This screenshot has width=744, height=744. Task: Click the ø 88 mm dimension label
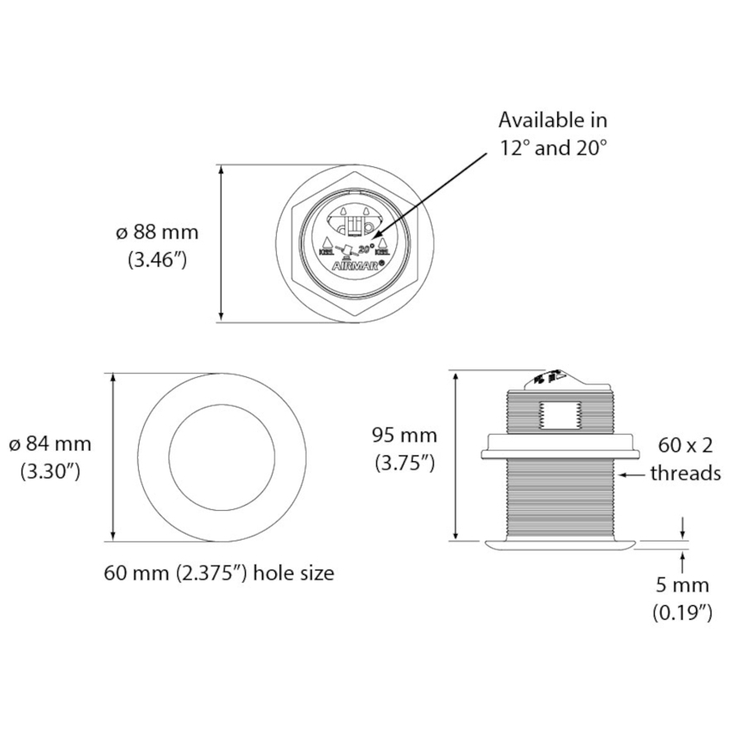[157, 232]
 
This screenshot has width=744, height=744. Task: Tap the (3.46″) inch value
[157, 260]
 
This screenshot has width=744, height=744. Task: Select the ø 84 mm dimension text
[50, 444]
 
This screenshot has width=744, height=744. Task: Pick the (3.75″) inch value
[404, 463]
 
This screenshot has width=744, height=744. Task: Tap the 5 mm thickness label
[682, 585]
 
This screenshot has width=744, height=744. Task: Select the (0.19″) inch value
[682, 613]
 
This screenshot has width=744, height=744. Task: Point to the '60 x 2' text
[685, 446]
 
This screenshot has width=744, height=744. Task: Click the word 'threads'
[685, 473]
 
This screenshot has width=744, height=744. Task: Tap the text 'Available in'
[552, 120]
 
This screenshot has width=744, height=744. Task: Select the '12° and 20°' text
[552, 148]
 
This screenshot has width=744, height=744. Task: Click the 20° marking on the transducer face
[367, 246]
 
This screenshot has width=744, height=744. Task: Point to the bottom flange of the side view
[559, 545]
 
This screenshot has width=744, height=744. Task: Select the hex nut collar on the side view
[559, 446]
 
